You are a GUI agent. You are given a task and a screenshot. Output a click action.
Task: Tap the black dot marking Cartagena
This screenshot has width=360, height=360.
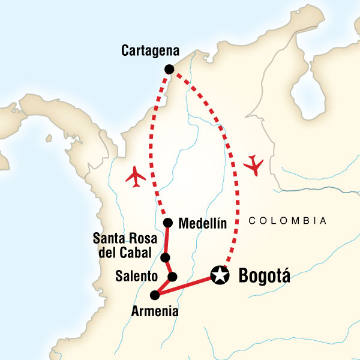pos(169,69)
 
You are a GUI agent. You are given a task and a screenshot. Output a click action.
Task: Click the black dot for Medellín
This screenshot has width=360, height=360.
pos(167,224)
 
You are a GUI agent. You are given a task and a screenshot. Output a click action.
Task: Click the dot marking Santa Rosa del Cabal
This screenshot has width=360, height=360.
pos(165,258)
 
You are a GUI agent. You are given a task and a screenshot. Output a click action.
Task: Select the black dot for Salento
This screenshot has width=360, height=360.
pos(172,277)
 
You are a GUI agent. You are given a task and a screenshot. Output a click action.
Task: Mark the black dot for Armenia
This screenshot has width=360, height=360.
pos(155,295)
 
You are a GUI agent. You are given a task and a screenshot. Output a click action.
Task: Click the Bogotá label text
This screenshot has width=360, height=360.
pos(264,277)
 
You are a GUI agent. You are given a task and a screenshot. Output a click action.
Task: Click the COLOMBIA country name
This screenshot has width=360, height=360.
pos(287,221)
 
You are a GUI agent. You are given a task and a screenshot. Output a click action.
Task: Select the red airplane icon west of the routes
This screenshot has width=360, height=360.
pos(137,176)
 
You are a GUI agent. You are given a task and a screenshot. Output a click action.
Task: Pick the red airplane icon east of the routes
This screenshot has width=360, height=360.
pos(254,164)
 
